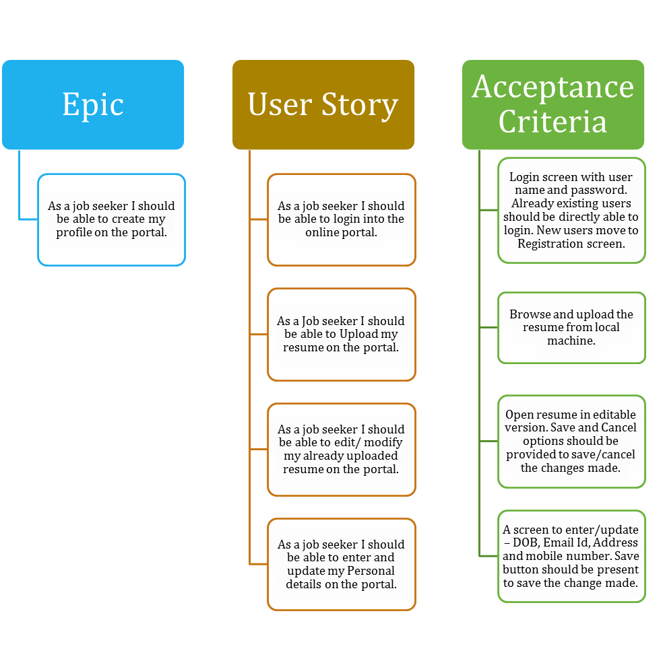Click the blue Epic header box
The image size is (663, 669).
pos(93,104)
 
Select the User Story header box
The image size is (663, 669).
pos(323,104)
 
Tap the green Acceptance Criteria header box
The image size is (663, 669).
pos(553,104)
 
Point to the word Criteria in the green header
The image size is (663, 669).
pos(552,121)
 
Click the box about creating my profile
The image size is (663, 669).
pos(111,219)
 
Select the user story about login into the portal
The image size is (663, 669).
pos(341,219)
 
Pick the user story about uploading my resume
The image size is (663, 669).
pos(341,334)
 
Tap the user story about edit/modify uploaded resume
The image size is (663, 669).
pos(341,449)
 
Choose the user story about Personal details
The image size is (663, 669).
pos(341,564)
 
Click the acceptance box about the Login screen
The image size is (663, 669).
pos(571,210)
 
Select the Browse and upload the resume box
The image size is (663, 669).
pos(571,327)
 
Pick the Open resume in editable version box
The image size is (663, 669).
pos(571,441)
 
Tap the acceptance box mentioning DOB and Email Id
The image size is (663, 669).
pos(571,556)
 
